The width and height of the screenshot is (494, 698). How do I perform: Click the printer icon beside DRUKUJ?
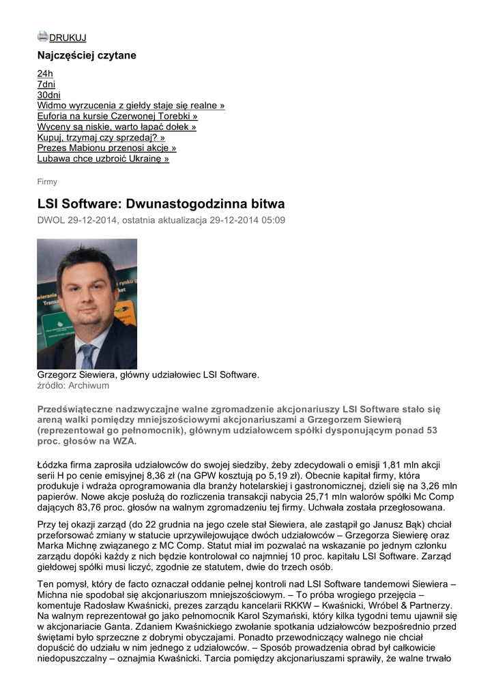42,37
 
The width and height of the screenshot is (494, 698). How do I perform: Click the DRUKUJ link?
68,38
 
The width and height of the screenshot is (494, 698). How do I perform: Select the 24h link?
45,74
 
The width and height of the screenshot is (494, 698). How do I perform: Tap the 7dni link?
46,85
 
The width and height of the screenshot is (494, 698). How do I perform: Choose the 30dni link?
48,95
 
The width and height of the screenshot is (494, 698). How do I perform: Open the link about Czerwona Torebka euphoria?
117,117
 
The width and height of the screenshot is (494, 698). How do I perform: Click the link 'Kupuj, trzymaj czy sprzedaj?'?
101,138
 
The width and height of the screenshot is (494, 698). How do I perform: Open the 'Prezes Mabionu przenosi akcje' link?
106,148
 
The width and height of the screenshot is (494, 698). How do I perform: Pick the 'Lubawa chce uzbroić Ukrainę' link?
103,159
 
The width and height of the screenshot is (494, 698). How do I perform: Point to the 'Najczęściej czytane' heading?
87,55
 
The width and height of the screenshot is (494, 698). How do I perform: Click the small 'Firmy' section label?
47,182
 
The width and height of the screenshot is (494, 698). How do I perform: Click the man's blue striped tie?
87,356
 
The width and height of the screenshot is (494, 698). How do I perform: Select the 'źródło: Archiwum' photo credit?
73,386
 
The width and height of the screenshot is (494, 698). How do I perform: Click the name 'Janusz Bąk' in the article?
327,523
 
